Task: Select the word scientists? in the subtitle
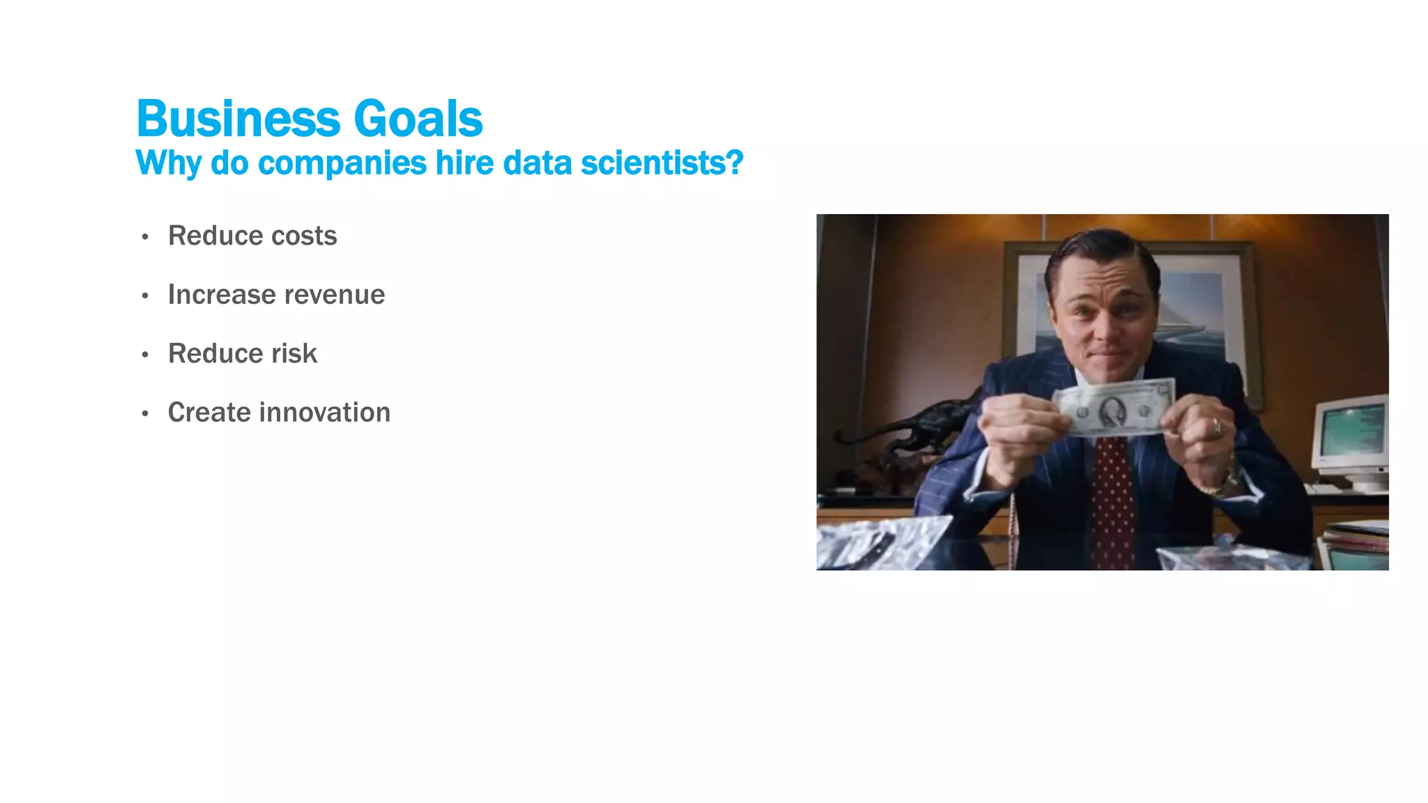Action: [x=662, y=163]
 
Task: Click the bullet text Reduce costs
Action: [x=252, y=236]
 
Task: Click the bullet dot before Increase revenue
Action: [x=145, y=296]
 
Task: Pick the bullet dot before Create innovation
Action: [x=145, y=414]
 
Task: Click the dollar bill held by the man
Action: [x=1114, y=407]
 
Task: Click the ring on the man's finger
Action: [x=1217, y=426]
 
